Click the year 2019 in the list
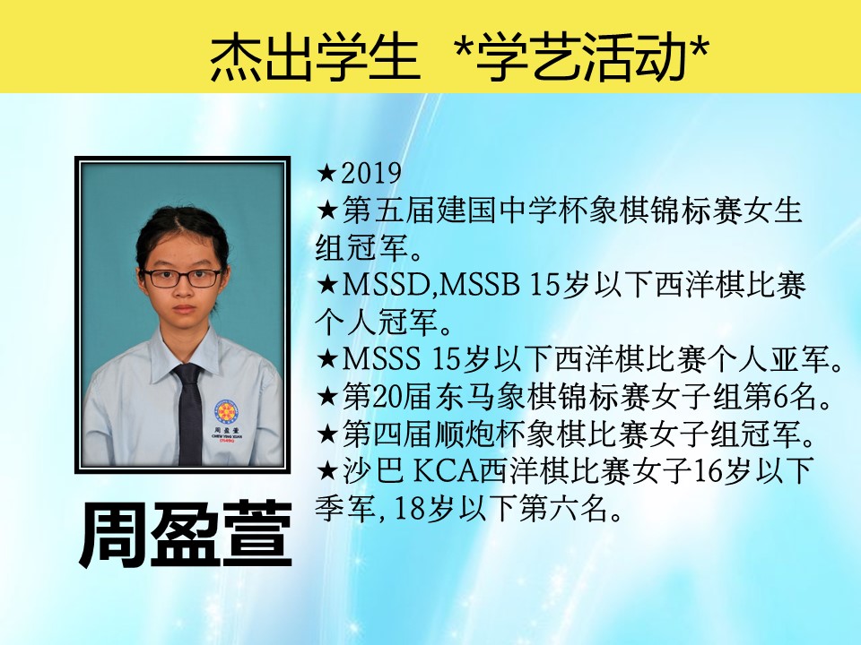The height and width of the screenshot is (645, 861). (371, 173)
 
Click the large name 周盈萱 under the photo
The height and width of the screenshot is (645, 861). (186, 535)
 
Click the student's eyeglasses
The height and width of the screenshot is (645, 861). (182, 278)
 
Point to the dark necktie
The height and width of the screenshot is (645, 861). (189, 414)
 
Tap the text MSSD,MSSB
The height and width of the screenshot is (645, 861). (431, 285)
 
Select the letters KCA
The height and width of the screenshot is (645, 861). (446, 471)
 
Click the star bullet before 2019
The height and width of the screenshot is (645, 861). (327, 173)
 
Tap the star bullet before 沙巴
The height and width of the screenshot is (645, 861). (327, 471)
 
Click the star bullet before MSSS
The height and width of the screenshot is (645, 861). (327, 359)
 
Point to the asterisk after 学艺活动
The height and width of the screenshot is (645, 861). (698, 48)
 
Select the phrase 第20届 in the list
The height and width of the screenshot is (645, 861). (387, 397)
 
